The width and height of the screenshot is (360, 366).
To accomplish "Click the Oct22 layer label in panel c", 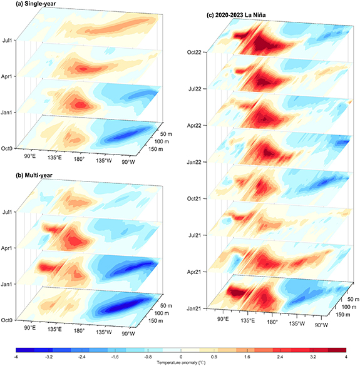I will pos(192,52).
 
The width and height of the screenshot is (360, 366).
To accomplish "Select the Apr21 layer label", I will pos(192,273).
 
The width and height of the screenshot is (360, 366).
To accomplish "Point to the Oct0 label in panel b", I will pos(9,320).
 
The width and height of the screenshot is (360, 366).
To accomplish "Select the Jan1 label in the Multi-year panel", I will pos(9,284).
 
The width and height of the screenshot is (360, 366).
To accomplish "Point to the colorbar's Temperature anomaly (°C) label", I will pos(180,362).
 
